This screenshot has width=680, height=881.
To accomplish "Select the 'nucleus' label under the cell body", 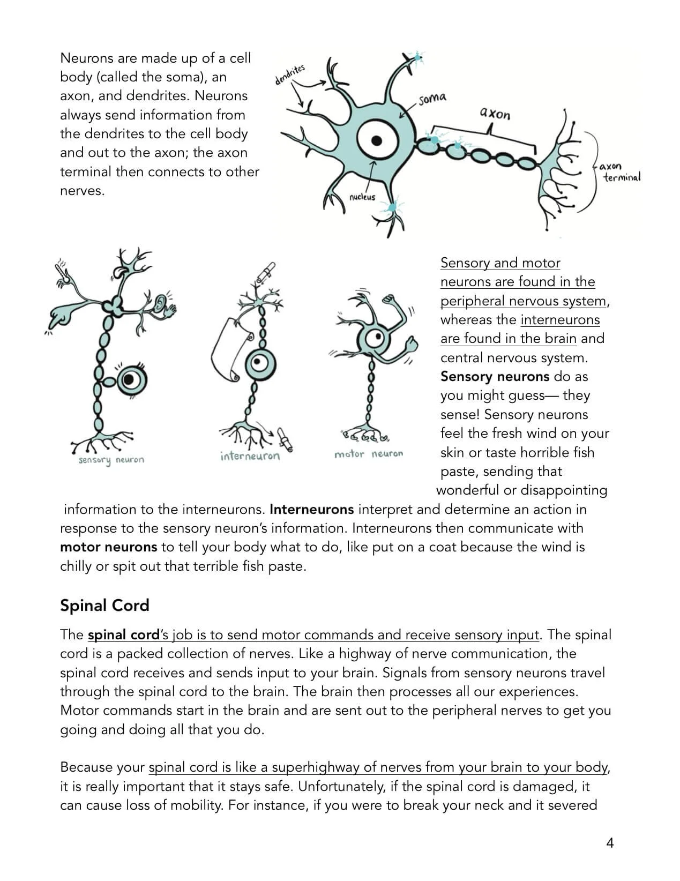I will pyautogui.click(x=362, y=197).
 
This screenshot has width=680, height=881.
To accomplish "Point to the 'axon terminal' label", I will pyautogui.click(x=620, y=172).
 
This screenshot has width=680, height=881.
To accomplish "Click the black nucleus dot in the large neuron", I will pyautogui.click(x=377, y=140).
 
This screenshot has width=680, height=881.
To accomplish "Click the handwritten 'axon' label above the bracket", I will pyautogui.click(x=495, y=113).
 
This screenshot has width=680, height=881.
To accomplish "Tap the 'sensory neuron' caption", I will pyautogui.click(x=111, y=460).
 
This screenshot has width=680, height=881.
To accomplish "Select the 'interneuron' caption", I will pyautogui.click(x=250, y=456).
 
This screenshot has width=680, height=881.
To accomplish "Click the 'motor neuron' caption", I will pyautogui.click(x=368, y=454).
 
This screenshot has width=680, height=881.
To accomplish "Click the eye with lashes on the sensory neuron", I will pyautogui.click(x=129, y=380).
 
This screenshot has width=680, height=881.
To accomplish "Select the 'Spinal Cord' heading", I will pyautogui.click(x=104, y=605).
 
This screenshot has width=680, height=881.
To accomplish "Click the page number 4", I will pyautogui.click(x=609, y=843).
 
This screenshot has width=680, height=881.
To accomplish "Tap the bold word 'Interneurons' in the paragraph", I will pyautogui.click(x=311, y=509).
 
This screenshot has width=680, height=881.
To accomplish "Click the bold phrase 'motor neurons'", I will pyautogui.click(x=108, y=547).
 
